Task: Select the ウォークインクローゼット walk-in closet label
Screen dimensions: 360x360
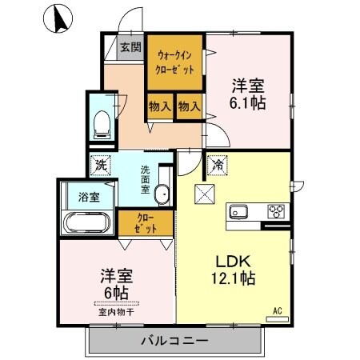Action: point(174,62)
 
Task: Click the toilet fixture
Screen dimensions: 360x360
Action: point(102,120)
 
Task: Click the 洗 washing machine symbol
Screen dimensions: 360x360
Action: point(101,164)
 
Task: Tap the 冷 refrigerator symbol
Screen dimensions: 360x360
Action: point(218,165)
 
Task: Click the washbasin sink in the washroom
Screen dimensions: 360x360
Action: point(162,194)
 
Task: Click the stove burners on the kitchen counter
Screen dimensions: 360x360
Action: point(275,212)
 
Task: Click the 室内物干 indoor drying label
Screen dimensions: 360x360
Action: point(117,313)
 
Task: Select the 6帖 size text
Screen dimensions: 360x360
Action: point(117,293)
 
